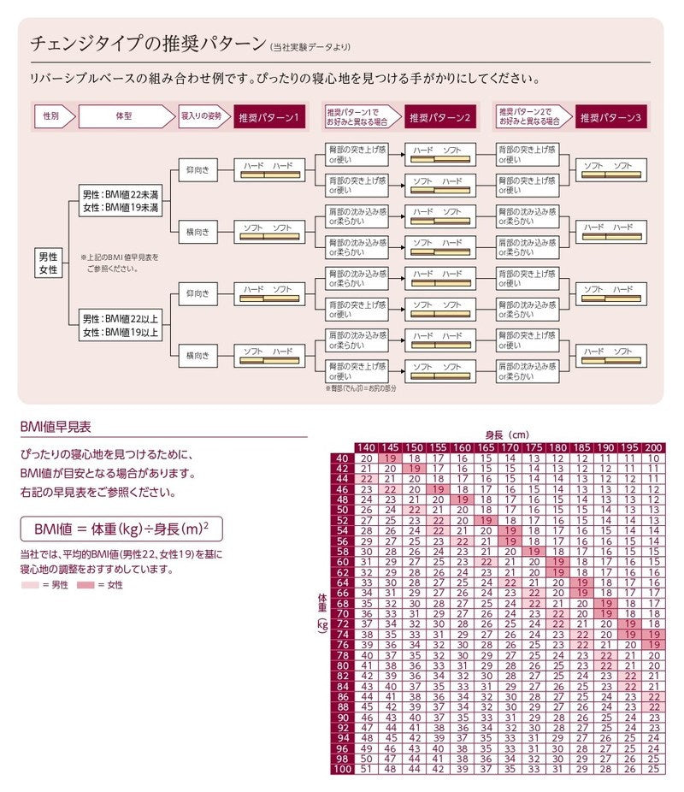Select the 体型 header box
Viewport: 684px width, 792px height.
121,115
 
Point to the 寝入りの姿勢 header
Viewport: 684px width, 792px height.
202,115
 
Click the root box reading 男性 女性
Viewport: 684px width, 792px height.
48,263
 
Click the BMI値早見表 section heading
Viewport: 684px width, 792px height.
56,425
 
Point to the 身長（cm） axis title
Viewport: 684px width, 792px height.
507,435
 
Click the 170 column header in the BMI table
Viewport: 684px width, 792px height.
510,448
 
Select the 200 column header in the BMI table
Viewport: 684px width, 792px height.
654,448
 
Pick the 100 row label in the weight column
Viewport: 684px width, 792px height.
342,769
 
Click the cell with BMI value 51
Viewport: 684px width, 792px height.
366,769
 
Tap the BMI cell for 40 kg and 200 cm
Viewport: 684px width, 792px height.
654,458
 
